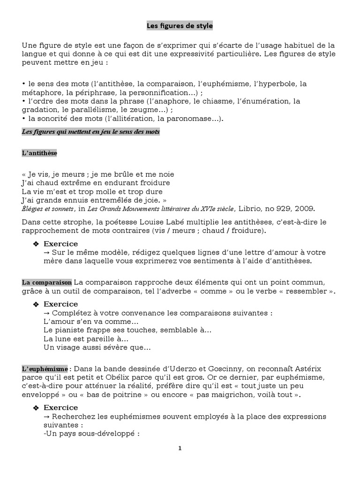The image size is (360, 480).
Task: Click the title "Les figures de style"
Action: (x=180, y=26)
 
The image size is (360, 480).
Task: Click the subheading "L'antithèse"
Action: (x=39, y=153)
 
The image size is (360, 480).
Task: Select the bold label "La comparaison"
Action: (x=46, y=282)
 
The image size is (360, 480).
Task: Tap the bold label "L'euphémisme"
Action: (x=45, y=369)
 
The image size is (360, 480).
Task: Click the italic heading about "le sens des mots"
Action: (x=90, y=132)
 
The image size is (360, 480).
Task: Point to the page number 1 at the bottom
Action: (x=180, y=448)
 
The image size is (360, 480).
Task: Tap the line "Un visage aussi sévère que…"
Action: (x=97, y=347)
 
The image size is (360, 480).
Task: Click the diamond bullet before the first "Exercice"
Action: (x=36, y=244)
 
